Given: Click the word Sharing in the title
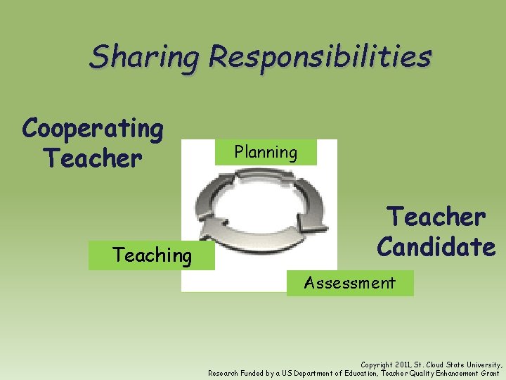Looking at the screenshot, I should click(143, 56).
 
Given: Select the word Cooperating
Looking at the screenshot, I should click(93, 129).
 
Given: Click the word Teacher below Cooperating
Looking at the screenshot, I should click(92, 158).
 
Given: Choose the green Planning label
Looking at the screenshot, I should click(266, 152).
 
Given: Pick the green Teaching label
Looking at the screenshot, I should click(152, 255).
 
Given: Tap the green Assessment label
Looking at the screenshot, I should click(349, 283).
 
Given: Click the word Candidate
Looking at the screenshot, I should click(436, 247).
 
